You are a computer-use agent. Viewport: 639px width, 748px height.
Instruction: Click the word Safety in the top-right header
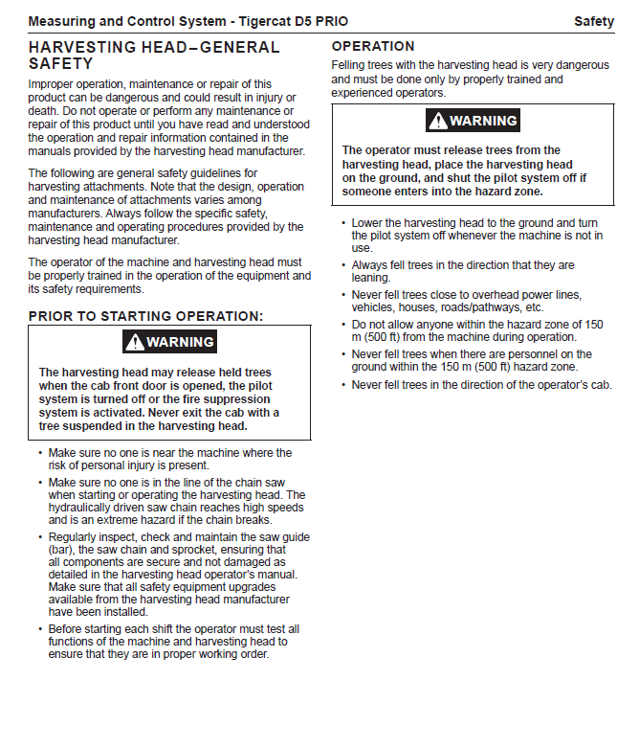[593, 21]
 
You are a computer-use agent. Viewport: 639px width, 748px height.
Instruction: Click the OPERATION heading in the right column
[373, 46]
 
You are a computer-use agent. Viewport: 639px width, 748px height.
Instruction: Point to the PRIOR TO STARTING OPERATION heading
[145, 316]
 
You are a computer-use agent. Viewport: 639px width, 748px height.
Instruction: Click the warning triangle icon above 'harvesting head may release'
[134, 342]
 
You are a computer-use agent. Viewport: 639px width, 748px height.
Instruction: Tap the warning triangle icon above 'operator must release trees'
[437, 121]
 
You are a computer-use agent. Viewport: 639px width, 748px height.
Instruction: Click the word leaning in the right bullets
[370, 278]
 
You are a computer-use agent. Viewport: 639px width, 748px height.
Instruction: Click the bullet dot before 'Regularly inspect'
[39, 537]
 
